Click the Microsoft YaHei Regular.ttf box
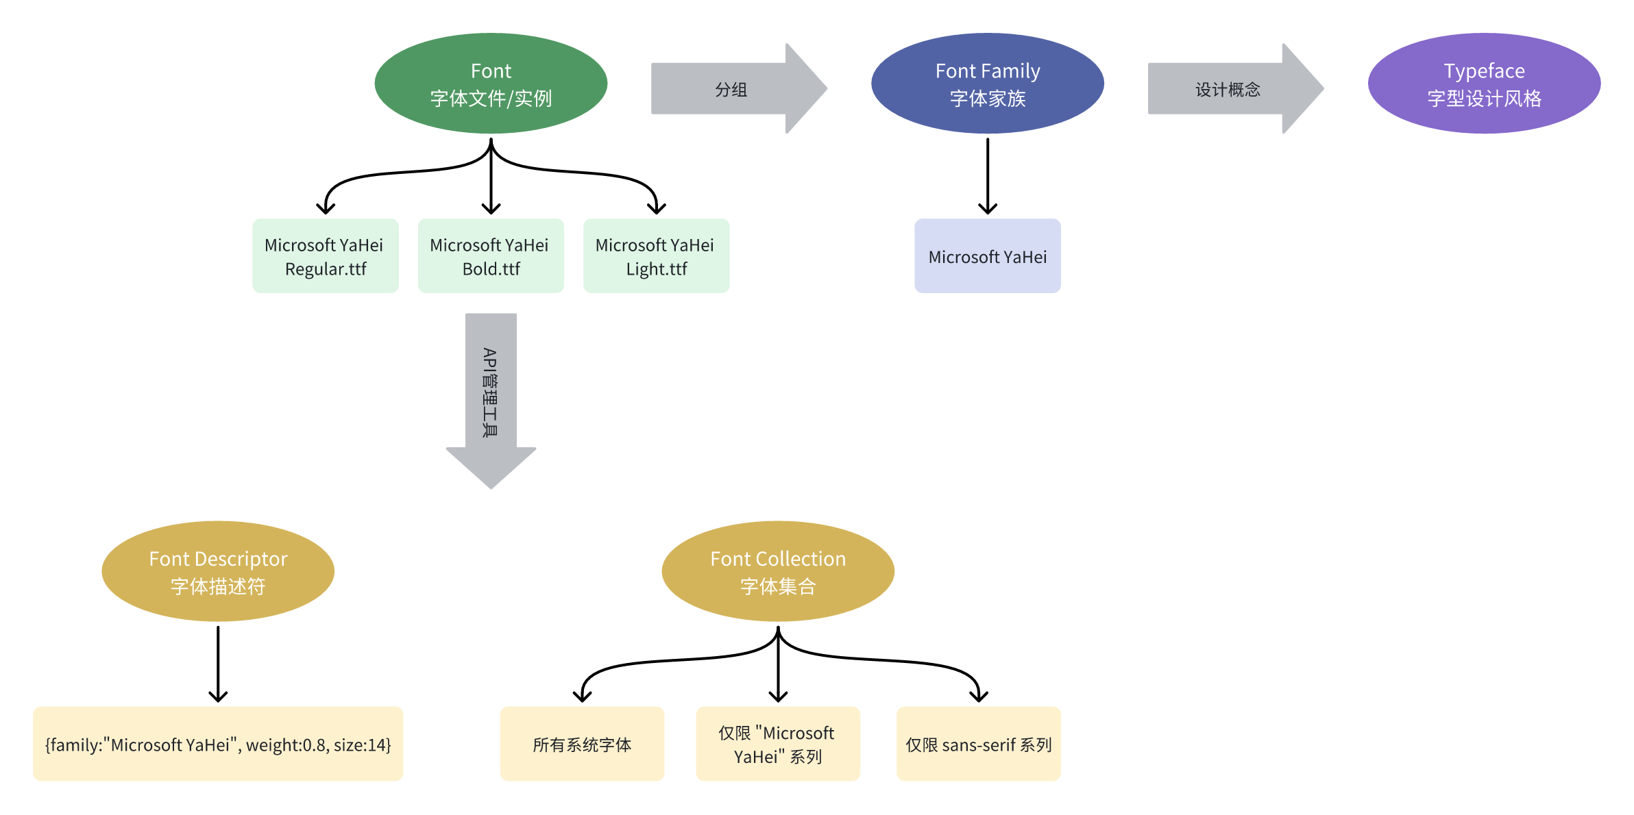pos(326,256)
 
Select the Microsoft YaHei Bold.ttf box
pos(491,256)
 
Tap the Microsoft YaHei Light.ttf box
pos(656,256)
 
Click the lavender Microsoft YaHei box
pos(987,256)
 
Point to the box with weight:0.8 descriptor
pos(218,744)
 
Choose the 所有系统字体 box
pos(582,744)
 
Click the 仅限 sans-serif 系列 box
pos(978,744)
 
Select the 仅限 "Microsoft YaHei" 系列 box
pos(778,744)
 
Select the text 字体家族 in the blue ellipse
pos(987,99)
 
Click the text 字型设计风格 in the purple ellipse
pos(1484,99)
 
